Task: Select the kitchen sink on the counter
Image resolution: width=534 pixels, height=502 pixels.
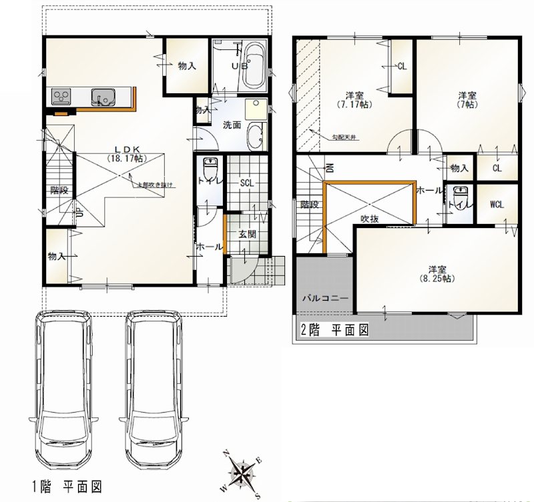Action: pos(103,98)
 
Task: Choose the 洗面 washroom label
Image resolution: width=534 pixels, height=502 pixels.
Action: pos(232,125)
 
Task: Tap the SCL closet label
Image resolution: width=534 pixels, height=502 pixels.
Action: pos(247,183)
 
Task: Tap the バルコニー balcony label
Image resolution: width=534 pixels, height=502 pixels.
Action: pos(324,298)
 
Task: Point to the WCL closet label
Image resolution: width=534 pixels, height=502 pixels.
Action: pos(497,204)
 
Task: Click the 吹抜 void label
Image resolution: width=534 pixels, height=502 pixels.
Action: pos(370,218)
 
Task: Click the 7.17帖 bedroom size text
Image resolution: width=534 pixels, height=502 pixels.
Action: pos(354,105)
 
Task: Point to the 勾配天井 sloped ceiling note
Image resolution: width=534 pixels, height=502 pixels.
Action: pos(345,137)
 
